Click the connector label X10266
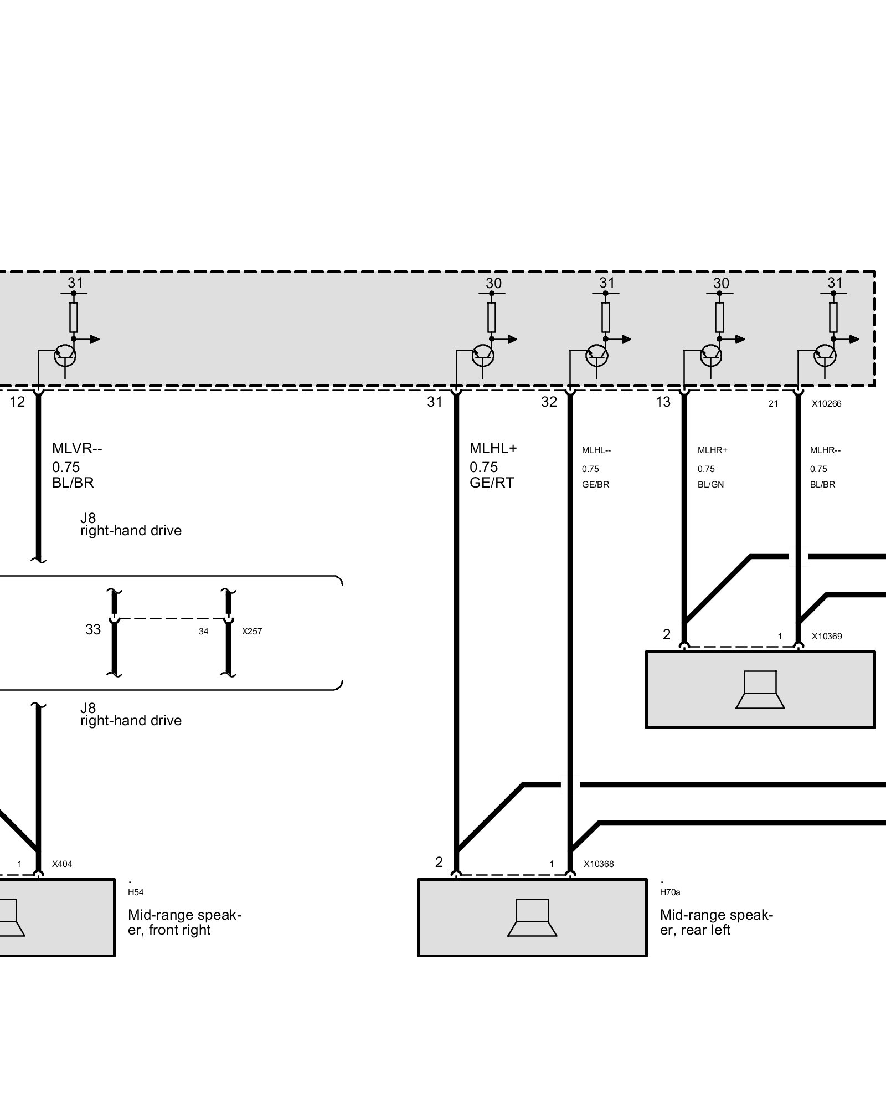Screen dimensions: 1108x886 (x=826, y=404)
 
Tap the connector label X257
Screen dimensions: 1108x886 (x=252, y=631)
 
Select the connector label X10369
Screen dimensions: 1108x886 (x=827, y=636)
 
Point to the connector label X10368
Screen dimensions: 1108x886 (x=599, y=864)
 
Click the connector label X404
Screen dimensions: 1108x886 (x=62, y=864)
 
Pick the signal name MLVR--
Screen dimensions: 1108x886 (x=77, y=448)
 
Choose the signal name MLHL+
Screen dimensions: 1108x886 (x=493, y=448)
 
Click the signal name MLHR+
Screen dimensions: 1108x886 (x=713, y=450)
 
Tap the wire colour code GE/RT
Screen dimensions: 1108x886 (x=492, y=483)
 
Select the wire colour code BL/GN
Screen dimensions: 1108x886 (x=711, y=485)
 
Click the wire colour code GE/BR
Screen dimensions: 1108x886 (x=596, y=485)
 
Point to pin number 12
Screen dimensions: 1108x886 (x=17, y=402)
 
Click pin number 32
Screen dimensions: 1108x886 (x=549, y=402)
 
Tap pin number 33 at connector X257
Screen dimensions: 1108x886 (x=93, y=629)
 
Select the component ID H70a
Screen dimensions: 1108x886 (x=670, y=892)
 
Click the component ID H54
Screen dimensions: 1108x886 (x=136, y=892)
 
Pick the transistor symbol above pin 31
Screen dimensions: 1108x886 (x=482, y=355)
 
